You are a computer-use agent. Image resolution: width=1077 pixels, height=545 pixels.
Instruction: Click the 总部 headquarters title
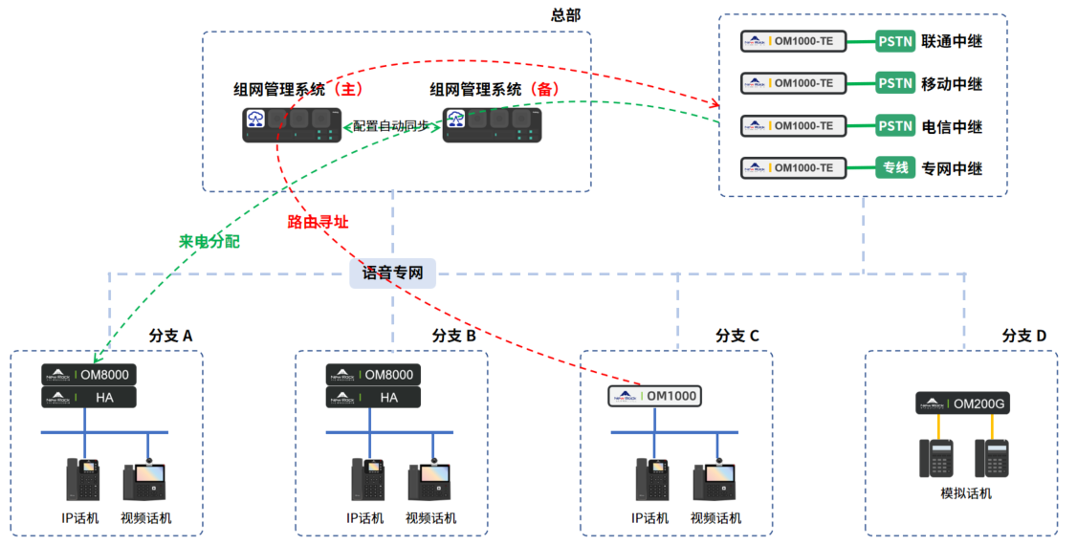coord(565,15)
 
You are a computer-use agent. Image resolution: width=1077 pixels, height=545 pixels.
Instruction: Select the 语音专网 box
coord(393,273)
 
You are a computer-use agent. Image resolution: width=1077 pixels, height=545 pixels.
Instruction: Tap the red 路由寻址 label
coord(318,222)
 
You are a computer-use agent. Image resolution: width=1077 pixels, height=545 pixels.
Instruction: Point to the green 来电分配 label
coord(209,242)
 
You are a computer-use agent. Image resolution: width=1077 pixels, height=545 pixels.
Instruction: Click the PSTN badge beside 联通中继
coord(895,41)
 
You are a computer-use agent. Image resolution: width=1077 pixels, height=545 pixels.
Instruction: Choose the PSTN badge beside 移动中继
coord(895,83)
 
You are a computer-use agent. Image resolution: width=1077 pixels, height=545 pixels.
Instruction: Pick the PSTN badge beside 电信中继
coord(895,125)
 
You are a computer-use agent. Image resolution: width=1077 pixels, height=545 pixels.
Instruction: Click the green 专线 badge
coord(895,167)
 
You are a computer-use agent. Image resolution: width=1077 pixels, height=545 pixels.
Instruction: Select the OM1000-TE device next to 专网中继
coord(793,167)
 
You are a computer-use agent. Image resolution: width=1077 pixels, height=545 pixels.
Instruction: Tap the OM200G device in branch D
coord(963,404)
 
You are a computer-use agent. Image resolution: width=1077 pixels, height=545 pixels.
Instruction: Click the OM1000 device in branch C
coord(655,396)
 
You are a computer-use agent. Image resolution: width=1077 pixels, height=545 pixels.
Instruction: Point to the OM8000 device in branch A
coord(89,375)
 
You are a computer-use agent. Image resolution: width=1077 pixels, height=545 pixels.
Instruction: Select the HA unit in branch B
coord(373,398)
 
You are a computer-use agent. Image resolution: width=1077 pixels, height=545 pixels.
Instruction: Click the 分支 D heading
coord(1024,336)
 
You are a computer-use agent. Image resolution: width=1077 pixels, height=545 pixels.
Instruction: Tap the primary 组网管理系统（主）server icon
coord(293,124)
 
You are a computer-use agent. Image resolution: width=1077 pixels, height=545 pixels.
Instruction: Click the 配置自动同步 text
coord(391,125)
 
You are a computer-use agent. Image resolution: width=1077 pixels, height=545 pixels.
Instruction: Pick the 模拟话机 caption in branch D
coord(966,493)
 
